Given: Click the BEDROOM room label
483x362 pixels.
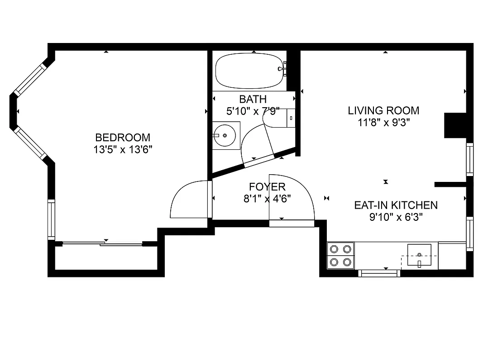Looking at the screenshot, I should coord(123,137).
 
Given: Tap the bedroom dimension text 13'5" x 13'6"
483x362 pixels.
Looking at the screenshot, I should coord(123,150).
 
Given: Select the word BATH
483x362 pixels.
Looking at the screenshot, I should coord(253,99).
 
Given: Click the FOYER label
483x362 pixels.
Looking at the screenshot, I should coord(267,186).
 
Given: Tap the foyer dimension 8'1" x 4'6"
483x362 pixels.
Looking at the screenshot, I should coord(267,198).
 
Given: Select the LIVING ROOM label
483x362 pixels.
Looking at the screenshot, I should coord(383,110).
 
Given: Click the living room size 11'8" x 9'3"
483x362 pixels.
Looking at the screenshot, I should coord(383,122).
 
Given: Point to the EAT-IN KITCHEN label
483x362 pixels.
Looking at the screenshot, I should coord(396,205).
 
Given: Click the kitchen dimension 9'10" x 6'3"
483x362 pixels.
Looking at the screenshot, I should coord(396,217).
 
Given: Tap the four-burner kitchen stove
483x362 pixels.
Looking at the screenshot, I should coord(341,255).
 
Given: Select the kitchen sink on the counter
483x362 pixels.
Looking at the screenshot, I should coord(420,255).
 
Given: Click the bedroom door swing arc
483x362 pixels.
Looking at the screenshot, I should coord(187,200).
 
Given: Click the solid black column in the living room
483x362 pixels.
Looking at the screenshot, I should coord(455,125).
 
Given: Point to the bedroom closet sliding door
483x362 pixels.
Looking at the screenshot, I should coord(103,244).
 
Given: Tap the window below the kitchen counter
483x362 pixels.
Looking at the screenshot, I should coord(379,273).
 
